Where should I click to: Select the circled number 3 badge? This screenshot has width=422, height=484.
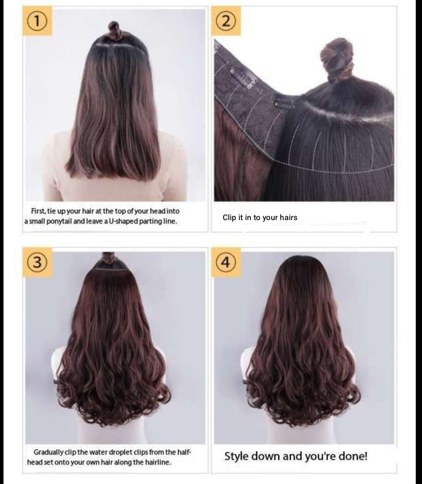pyautogui.click(x=37, y=262)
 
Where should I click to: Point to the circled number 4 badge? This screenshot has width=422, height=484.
pyautogui.click(x=226, y=262)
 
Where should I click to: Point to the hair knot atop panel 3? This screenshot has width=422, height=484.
pyautogui.click(x=108, y=258)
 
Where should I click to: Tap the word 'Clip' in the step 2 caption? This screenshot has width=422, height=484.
pyautogui.click(x=229, y=217)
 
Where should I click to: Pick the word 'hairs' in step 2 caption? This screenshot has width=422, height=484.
pyautogui.click(x=289, y=217)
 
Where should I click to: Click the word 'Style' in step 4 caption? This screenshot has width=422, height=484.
pyautogui.click(x=236, y=456)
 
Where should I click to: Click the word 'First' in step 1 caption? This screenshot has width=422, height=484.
pyautogui.click(x=38, y=211)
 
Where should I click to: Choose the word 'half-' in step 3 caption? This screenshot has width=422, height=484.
pyautogui.click(x=183, y=452)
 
